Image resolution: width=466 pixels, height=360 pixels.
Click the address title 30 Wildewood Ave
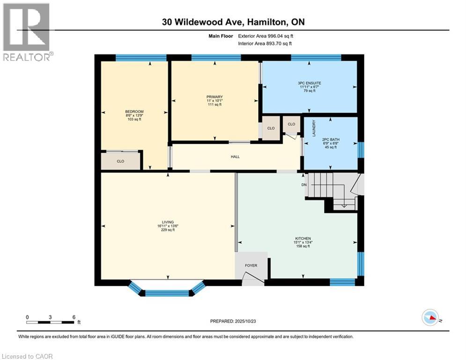[x=233, y=22]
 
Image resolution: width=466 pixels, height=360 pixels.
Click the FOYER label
[x=251, y=266]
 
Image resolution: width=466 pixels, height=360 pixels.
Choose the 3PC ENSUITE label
[x=310, y=83]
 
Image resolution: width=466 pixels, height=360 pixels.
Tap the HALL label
[x=235, y=157]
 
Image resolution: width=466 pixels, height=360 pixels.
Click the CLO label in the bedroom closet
[x=120, y=161]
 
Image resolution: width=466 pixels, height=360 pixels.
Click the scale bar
[x=51, y=322]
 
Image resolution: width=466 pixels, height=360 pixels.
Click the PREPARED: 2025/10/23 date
[x=234, y=321]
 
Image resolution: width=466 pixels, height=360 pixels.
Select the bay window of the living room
[x=166, y=290]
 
